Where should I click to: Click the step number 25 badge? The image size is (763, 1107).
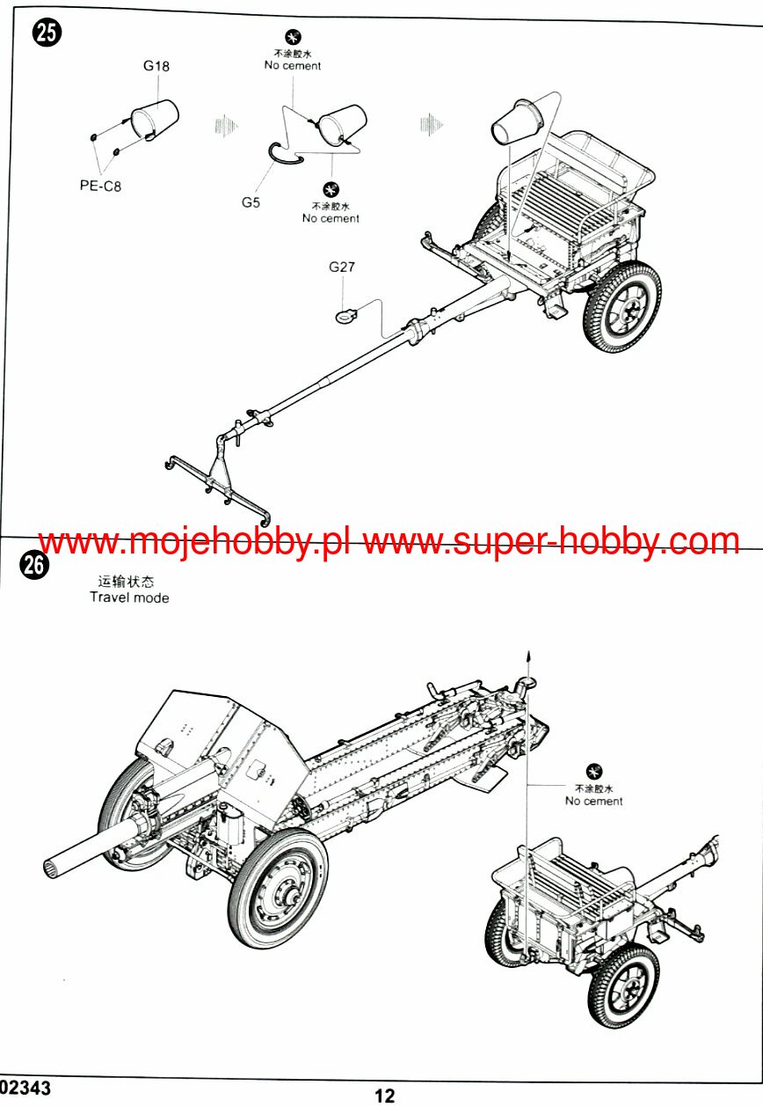pos(46,33)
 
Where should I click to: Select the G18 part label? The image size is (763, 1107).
pos(156,66)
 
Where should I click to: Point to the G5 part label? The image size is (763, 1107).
pos(251,202)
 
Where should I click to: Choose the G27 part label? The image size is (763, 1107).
pos(342,267)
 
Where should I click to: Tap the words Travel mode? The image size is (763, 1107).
pos(129,597)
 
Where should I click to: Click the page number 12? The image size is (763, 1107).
pos(384,1096)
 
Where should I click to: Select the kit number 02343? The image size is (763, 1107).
pos(25,1088)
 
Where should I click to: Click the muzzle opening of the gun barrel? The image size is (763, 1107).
pos(51,868)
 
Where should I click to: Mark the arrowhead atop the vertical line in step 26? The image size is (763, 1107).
pos(528,656)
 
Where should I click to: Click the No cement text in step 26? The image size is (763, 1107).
pos(594,801)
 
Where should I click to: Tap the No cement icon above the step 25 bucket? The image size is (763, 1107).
pos(293,37)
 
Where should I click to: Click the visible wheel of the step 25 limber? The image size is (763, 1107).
pos(622,307)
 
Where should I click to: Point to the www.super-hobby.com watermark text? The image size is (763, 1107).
pos(552,541)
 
